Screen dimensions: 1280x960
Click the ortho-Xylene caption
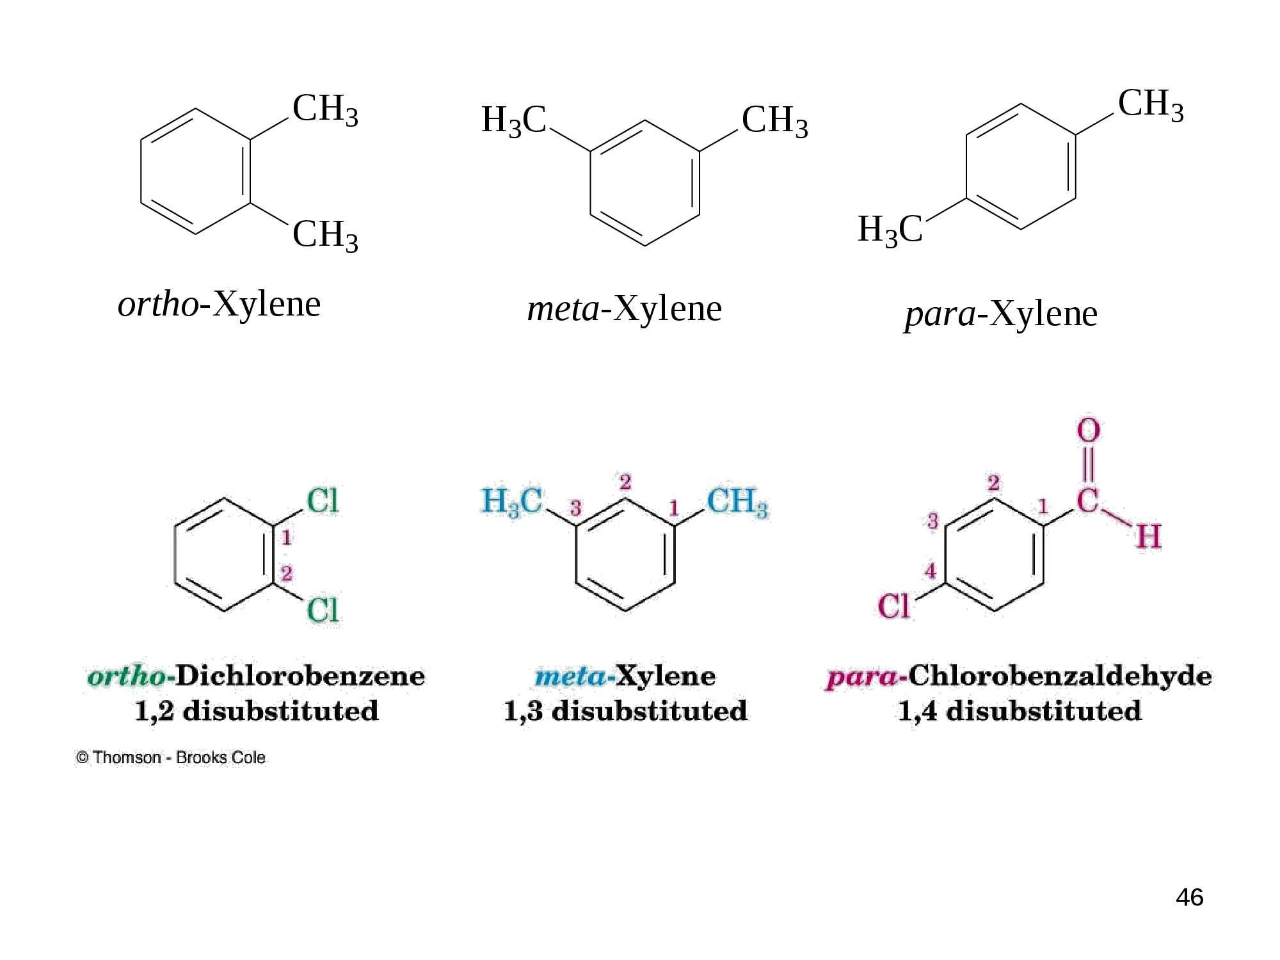click(219, 306)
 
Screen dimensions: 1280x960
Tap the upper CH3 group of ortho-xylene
click(325, 110)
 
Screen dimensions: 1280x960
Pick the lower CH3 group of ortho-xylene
click(325, 236)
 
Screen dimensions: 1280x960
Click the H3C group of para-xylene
click(890, 231)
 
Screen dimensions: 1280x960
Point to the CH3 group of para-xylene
click(1151, 105)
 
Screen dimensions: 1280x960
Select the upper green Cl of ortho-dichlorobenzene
click(323, 501)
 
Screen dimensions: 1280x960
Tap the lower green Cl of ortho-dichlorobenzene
click(323, 610)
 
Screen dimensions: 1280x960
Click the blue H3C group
click(512, 502)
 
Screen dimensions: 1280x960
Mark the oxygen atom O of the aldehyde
click(1089, 430)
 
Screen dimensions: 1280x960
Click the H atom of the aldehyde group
click(1148, 536)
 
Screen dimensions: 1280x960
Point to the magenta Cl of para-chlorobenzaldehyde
click(894, 605)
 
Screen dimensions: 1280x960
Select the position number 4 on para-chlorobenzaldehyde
click(931, 570)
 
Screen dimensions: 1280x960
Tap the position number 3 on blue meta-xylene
click(575, 509)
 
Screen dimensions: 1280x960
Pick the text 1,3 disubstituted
click(625, 711)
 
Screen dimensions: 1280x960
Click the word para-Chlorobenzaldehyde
click(1017, 677)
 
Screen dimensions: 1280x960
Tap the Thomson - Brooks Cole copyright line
click(170, 758)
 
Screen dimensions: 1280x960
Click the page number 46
click(1190, 897)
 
